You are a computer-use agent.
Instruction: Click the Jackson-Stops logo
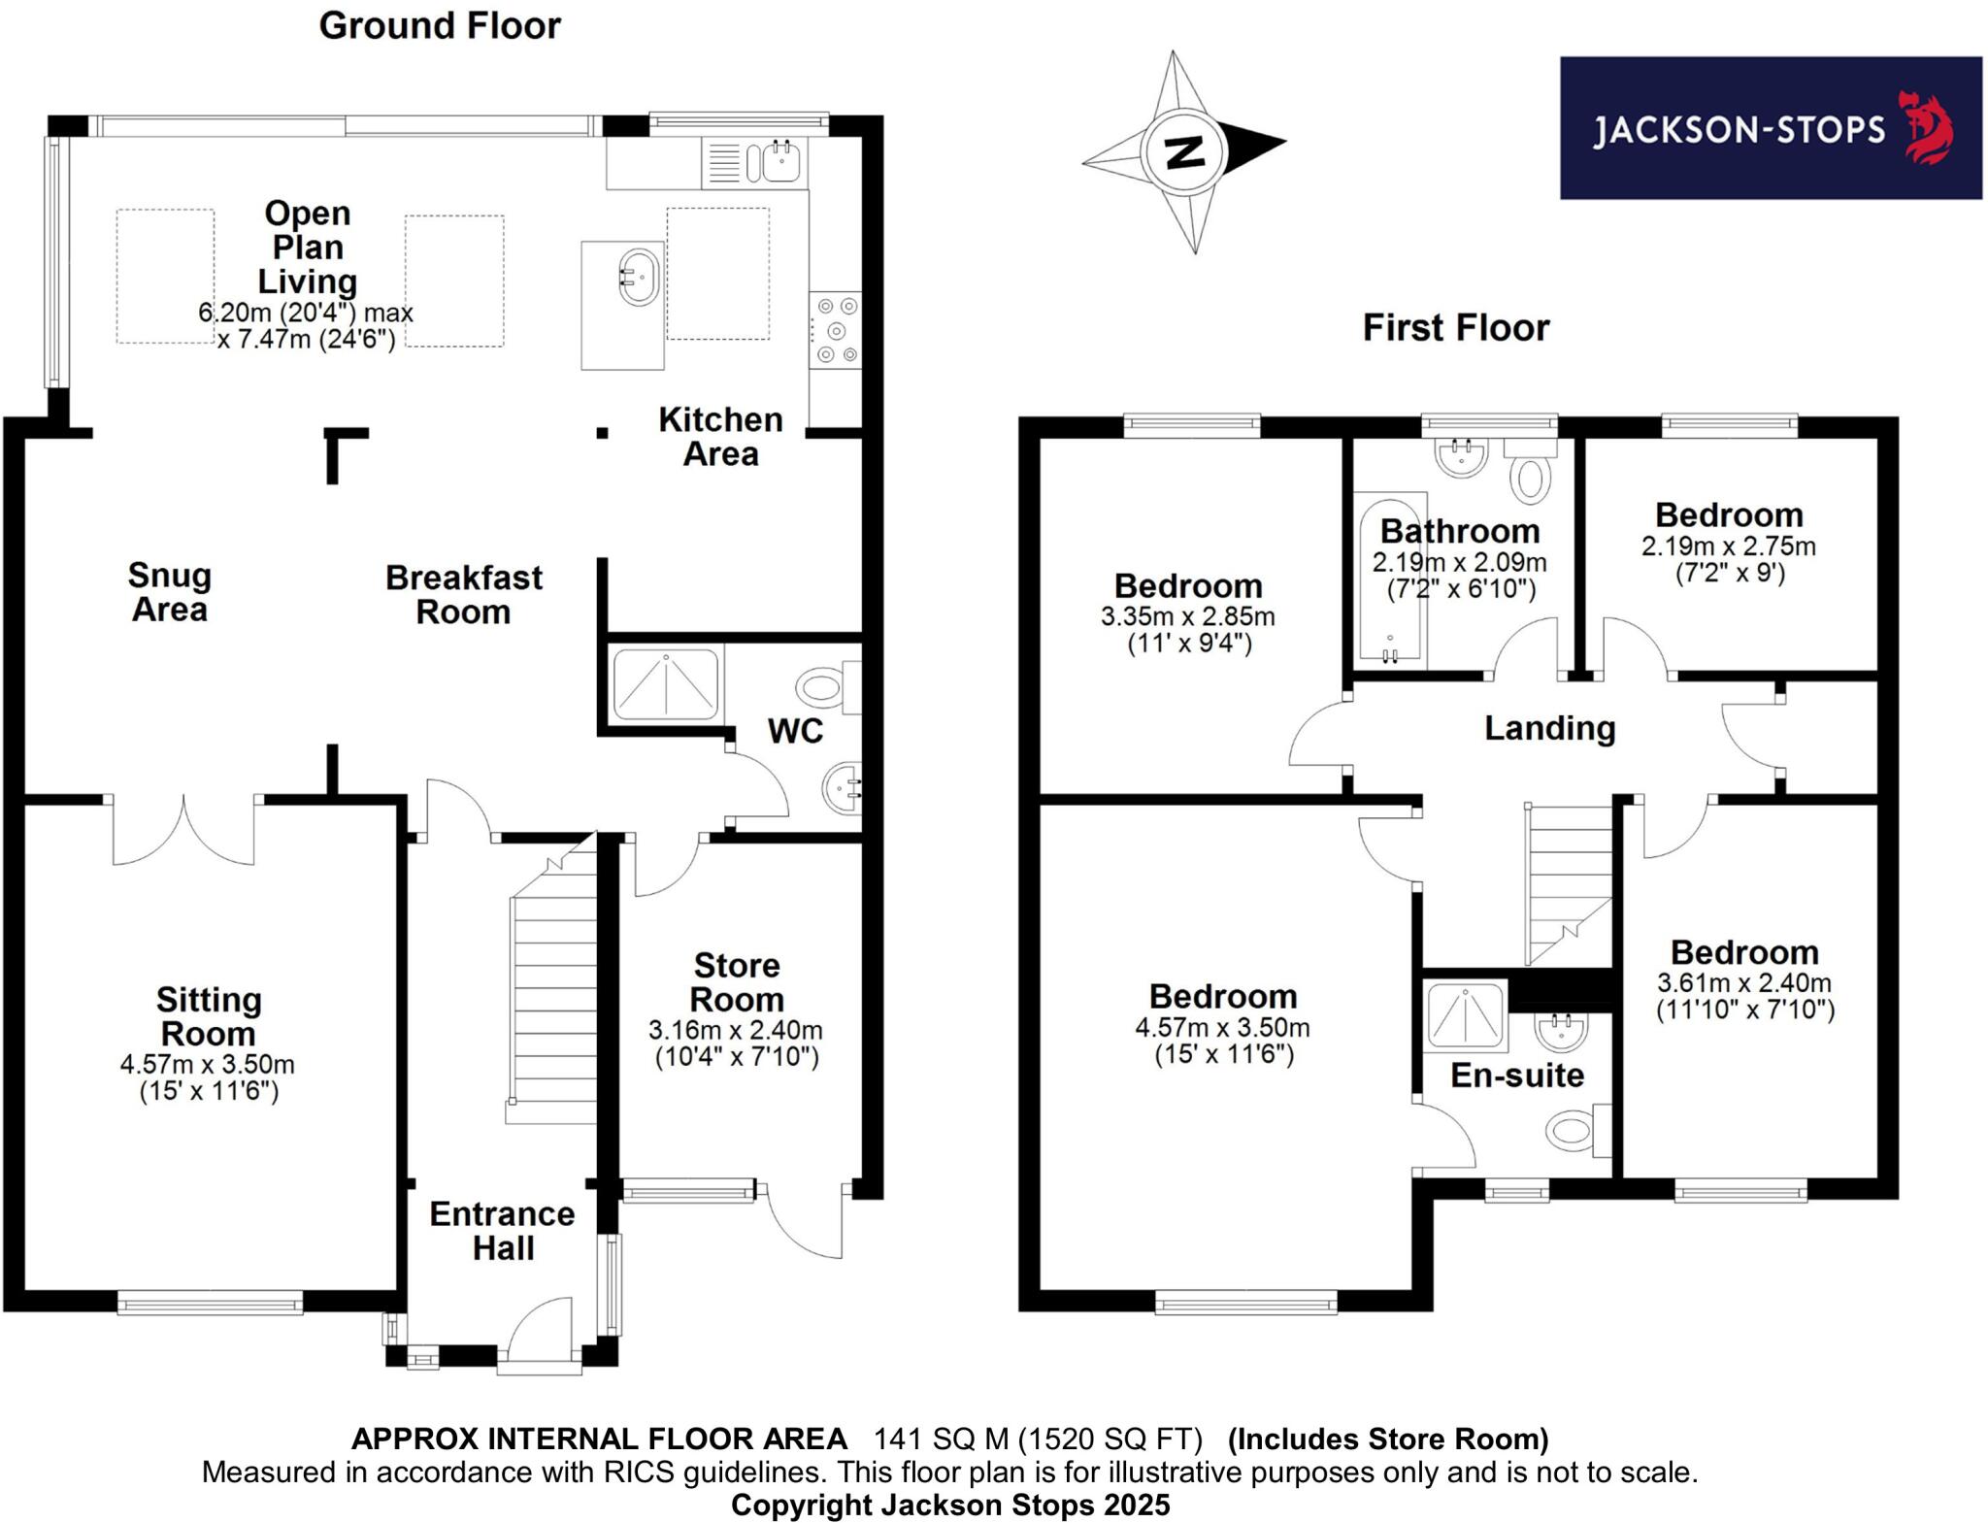click(x=1770, y=128)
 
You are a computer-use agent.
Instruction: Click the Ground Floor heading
click(x=440, y=26)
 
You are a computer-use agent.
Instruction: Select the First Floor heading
click(x=1455, y=328)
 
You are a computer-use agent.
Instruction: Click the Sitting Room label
click(x=208, y=1016)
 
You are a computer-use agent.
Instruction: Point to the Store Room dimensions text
click(x=736, y=1043)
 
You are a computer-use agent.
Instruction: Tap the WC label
click(x=795, y=731)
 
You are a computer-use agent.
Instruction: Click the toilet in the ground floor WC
click(x=823, y=688)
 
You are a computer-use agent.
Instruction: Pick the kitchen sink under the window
click(x=780, y=161)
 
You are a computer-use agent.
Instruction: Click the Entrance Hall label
click(x=503, y=1231)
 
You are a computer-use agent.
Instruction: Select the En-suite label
click(x=1517, y=1076)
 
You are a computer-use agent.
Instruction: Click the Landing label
click(x=1549, y=728)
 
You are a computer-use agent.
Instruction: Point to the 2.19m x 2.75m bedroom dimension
click(x=1728, y=546)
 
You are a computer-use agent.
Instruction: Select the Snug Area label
click(x=170, y=592)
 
